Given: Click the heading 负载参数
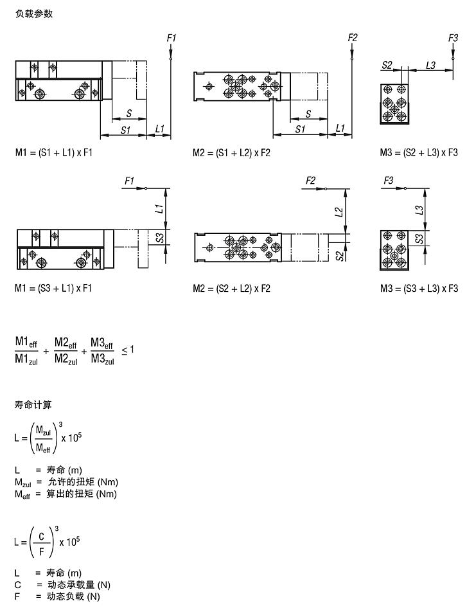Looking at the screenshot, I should pos(34,14).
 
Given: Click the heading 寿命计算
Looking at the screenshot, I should pos(34,405).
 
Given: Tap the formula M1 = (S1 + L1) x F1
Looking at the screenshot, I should pos(54,153).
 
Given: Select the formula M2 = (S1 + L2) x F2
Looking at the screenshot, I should pos(232,153).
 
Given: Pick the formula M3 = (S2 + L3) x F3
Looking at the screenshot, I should pos(419,153).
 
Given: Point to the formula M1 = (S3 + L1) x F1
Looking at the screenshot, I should pos(54,289).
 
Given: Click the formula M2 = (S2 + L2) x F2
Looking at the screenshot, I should pos(232,289).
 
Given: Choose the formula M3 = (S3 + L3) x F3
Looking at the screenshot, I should pos(419,289).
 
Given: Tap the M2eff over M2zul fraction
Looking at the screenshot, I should pos(66,351).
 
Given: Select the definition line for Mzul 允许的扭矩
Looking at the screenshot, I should pos(67,482).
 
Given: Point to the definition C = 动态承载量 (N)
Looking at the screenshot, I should pos(62,585).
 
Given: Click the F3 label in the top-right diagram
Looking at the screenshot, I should pos(453,39).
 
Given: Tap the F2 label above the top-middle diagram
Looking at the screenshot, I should pos(352,39).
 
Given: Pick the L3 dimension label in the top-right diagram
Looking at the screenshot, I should pos(431,66).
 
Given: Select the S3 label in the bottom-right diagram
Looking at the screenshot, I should pos(419,238).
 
